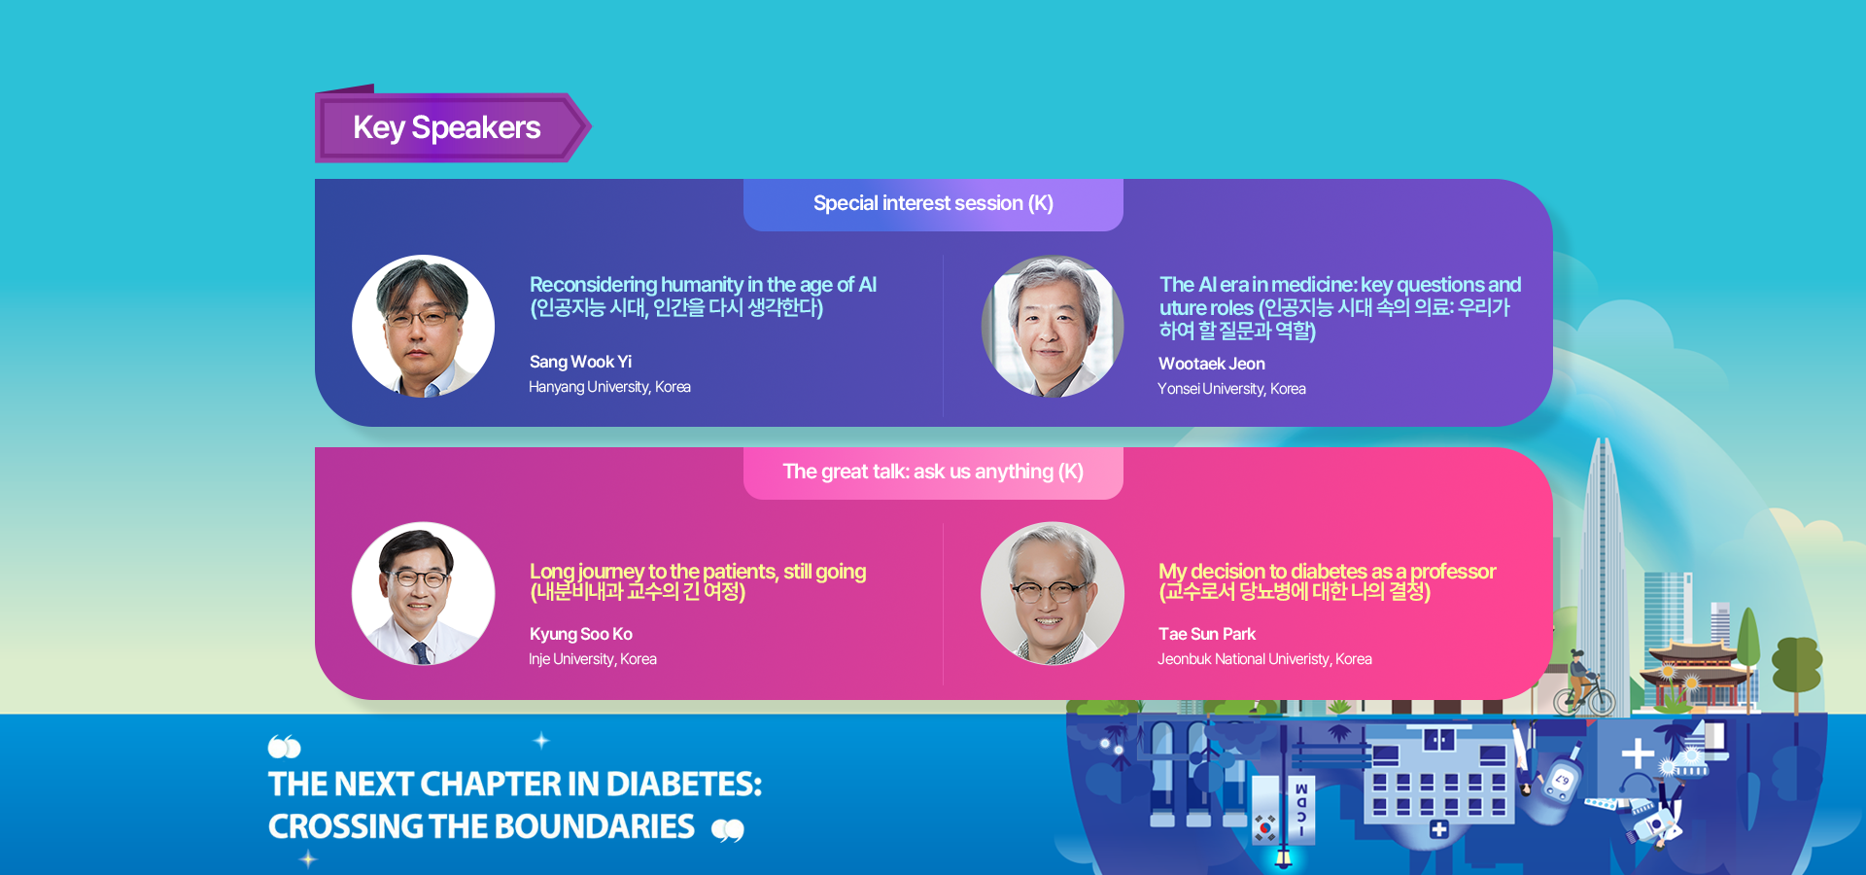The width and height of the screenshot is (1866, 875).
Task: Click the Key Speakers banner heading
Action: coord(447,127)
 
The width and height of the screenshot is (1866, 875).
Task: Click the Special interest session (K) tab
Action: coord(933,204)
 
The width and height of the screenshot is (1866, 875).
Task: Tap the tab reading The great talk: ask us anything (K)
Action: coord(933,472)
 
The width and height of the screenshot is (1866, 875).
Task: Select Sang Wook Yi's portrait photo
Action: coord(423,327)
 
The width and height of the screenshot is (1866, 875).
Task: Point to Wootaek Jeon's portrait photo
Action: coord(1053,327)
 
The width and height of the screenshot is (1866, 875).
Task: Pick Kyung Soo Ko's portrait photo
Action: coord(423,594)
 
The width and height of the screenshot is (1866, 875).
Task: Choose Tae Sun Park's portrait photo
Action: coord(1053,594)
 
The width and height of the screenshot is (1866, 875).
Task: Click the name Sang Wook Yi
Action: coord(580,362)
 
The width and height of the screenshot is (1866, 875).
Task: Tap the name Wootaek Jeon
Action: coord(1211,364)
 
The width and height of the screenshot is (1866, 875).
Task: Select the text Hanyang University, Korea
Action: coord(609,387)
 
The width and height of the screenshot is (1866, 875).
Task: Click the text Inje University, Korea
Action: coord(593,659)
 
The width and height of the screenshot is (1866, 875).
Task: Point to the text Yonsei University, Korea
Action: coord(1231,389)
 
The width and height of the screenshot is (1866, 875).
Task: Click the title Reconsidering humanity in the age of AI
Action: coord(703,285)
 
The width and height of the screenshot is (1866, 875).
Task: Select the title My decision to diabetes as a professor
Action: coord(1327,572)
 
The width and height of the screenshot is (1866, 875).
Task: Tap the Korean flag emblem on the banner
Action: coord(1264,826)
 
